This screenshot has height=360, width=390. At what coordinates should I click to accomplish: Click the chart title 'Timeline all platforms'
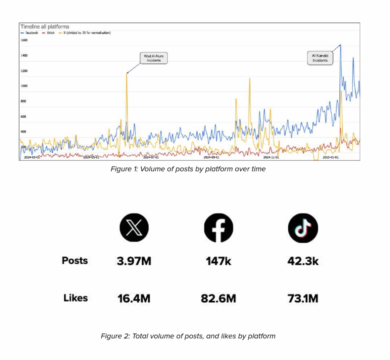click(x=45, y=27)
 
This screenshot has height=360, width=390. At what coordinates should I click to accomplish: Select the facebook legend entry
click(x=29, y=33)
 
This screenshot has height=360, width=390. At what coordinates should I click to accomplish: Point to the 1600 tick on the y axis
click(x=24, y=40)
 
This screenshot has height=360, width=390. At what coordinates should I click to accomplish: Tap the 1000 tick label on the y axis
click(x=24, y=86)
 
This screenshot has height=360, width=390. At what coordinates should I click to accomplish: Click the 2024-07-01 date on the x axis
click(x=151, y=157)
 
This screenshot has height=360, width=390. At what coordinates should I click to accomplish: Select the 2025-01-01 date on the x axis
click(x=331, y=157)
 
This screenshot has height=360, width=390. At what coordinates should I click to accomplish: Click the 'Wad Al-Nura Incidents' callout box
click(x=152, y=58)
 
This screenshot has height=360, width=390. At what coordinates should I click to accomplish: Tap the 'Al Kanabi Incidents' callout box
click(x=320, y=58)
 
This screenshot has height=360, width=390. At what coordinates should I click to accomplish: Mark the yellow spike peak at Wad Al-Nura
click(x=127, y=74)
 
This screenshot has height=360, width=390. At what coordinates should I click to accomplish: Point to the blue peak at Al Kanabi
click(x=340, y=45)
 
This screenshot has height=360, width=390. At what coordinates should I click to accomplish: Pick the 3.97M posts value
click(x=134, y=261)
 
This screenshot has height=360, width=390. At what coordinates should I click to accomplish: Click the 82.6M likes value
click(x=218, y=298)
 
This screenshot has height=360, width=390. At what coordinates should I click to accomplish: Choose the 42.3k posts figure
click(x=303, y=261)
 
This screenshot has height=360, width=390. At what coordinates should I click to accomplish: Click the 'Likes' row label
click(x=75, y=298)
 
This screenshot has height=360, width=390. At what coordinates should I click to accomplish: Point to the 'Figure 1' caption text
click(x=188, y=169)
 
